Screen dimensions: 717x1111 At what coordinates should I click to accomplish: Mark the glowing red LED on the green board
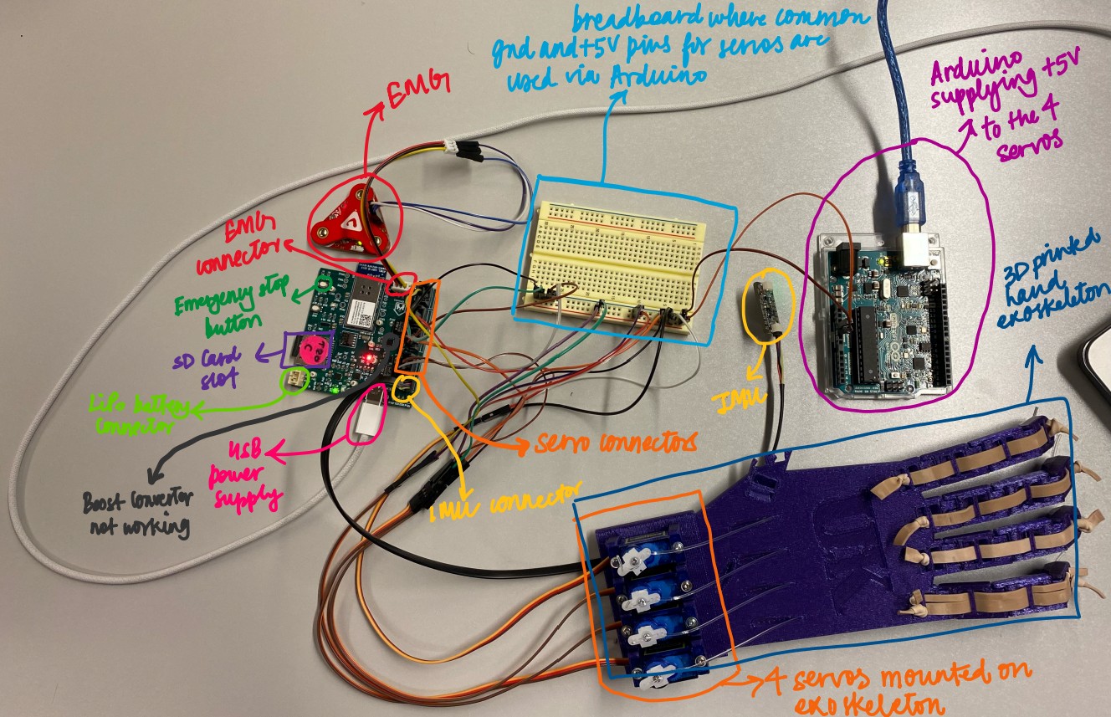click(366, 360)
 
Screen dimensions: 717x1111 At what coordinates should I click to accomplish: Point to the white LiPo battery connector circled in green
click(294, 381)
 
